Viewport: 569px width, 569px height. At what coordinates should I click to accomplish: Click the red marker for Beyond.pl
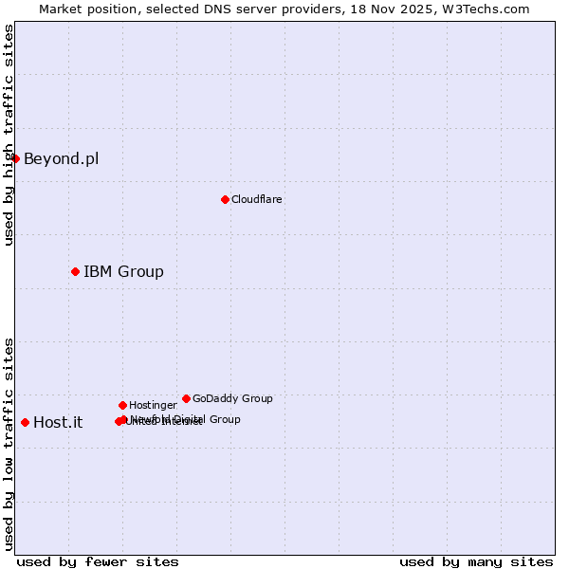[x=16, y=158]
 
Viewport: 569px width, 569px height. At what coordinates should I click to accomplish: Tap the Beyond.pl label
[x=61, y=158]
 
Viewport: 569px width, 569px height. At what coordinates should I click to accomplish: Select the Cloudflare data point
[x=225, y=199]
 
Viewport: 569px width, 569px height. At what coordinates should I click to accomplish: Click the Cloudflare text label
[x=256, y=199]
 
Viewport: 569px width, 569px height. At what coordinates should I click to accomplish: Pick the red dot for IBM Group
[x=75, y=272]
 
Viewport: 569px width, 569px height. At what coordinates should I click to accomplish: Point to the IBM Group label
[x=123, y=272]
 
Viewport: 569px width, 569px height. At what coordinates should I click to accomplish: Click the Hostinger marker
[x=122, y=405]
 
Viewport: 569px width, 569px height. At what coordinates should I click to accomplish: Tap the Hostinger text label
[x=153, y=405]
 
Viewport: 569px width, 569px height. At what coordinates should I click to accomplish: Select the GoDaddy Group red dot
[x=186, y=398]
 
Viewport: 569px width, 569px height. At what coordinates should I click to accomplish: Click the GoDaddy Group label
[x=232, y=398]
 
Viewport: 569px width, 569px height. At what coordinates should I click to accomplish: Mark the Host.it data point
[x=25, y=422]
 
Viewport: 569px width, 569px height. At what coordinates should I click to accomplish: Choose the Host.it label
[x=58, y=423]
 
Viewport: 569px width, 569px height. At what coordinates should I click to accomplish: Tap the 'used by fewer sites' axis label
[x=98, y=561]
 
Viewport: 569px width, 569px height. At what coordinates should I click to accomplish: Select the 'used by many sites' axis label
[x=476, y=561]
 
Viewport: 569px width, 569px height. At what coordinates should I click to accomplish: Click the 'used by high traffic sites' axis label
[x=9, y=135]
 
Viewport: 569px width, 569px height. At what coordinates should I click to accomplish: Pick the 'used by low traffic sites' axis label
[x=9, y=444]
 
